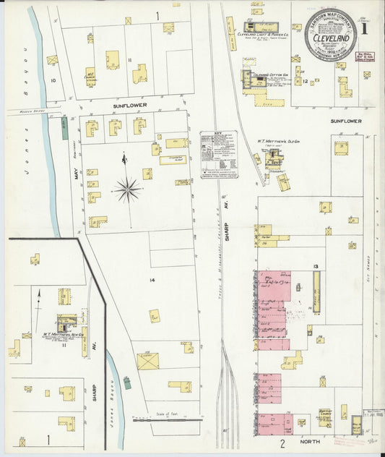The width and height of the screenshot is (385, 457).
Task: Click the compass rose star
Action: click(127, 189)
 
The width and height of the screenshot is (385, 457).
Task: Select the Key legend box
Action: click(218, 154)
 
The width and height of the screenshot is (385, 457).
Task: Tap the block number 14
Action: click(152, 279)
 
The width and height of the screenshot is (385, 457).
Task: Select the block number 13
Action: click(316, 267)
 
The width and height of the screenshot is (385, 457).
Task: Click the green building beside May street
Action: click(64, 128)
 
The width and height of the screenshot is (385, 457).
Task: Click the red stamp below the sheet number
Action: click(368, 55)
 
